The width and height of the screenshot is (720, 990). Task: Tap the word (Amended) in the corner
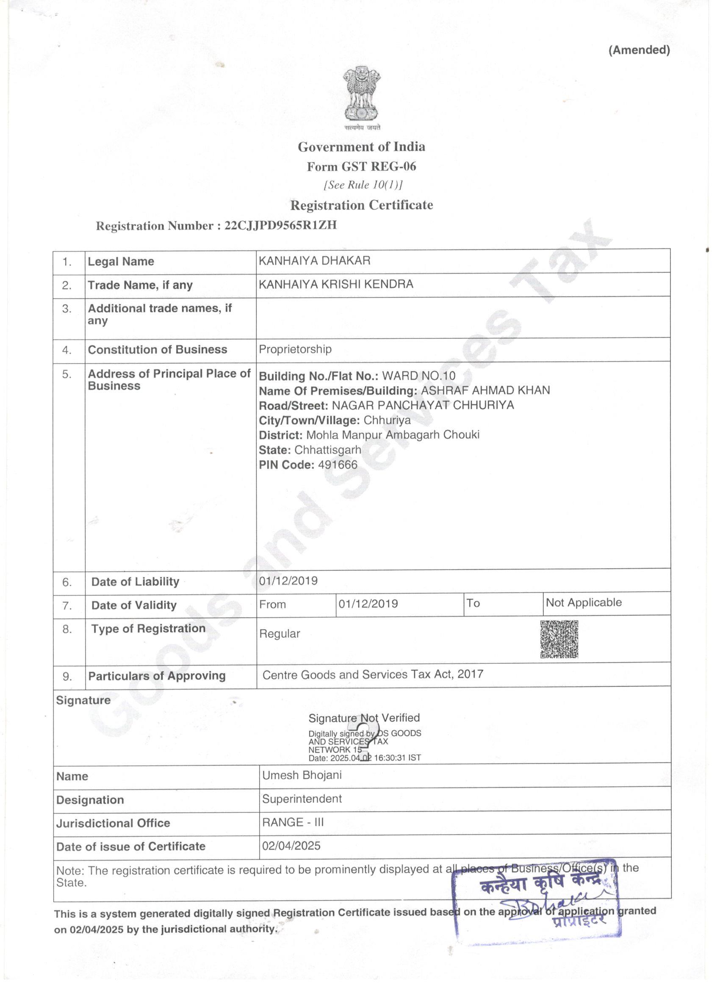click(x=639, y=50)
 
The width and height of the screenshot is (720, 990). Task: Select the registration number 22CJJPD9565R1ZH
click(x=280, y=225)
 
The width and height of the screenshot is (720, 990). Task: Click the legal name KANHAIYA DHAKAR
click(x=314, y=260)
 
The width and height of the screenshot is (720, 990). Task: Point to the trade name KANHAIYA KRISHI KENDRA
click(x=336, y=284)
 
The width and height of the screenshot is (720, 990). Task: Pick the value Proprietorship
click(x=295, y=349)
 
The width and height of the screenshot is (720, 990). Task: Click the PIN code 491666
click(x=338, y=465)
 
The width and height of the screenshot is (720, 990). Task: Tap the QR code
click(x=559, y=639)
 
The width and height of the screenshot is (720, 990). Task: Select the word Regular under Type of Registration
click(x=280, y=634)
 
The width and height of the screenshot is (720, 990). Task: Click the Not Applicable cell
click(x=583, y=603)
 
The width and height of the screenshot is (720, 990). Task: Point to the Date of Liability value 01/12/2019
click(x=288, y=581)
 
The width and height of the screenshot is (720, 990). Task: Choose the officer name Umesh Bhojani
click(x=302, y=775)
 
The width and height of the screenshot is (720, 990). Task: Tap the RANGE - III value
click(x=293, y=822)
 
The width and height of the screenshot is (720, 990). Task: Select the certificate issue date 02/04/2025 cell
click(x=291, y=846)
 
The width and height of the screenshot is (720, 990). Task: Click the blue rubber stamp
click(x=537, y=902)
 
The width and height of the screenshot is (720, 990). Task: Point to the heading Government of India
click(x=361, y=147)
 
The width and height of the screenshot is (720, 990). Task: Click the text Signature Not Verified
click(x=364, y=718)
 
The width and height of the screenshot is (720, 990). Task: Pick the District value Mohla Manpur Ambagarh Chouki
click(x=393, y=435)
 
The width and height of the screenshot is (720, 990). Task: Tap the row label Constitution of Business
click(x=157, y=350)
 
